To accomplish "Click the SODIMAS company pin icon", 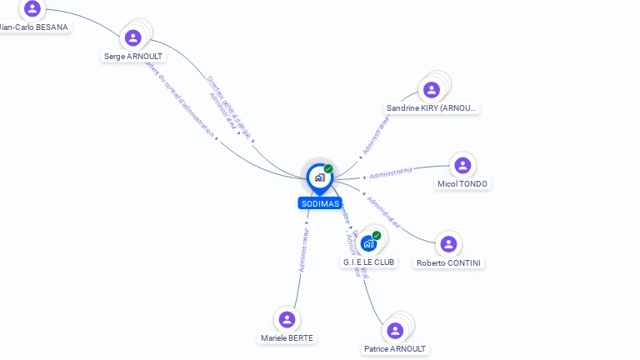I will [319, 177].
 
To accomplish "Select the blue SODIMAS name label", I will [320, 203].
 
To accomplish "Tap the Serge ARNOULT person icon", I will [132, 37].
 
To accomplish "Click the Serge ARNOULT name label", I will [133, 57].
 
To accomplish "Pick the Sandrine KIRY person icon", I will [432, 89].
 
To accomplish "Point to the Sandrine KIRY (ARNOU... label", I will [432, 108].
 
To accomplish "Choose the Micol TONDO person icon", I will [462, 165].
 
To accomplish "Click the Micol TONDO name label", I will [462, 184].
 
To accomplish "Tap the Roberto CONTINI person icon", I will [448, 244].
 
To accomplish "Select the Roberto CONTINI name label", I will [449, 263].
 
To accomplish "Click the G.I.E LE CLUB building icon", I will [369, 244].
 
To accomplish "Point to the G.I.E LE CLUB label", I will [369, 262].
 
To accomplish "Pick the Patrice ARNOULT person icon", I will [395, 330].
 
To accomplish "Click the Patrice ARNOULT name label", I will [395, 349].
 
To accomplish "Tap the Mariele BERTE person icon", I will [287, 319].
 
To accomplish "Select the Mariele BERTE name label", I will [287, 338].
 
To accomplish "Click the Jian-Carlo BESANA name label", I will [33, 27].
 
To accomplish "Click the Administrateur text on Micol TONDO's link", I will [391, 172].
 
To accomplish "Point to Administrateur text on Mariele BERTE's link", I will [305, 250].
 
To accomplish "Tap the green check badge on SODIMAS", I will [328, 168].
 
